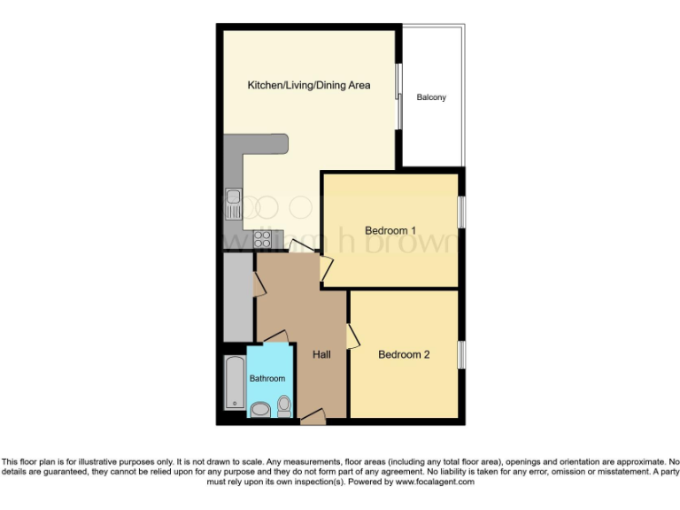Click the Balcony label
click(x=431, y=97)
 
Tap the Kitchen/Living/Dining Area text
click(x=308, y=86)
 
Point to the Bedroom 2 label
click(x=404, y=355)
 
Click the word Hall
click(x=321, y=355)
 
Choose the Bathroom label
click(x=267, y=379)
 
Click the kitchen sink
click(x=233, y=205)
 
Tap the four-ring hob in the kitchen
click(x=263, y=237)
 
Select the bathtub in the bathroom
click(x=234, y=382)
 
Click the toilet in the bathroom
click(x=284, y=406)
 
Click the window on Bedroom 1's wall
click(x=460, y=215)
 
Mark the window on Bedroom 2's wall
click(x=460, y=354)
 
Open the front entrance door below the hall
click(x=313, y=416)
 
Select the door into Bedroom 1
click(x=325, y=266)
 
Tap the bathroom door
click(x=275, y=336)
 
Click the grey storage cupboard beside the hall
click(x=238, y=297)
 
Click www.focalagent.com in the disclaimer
click(x=435, y=483)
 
